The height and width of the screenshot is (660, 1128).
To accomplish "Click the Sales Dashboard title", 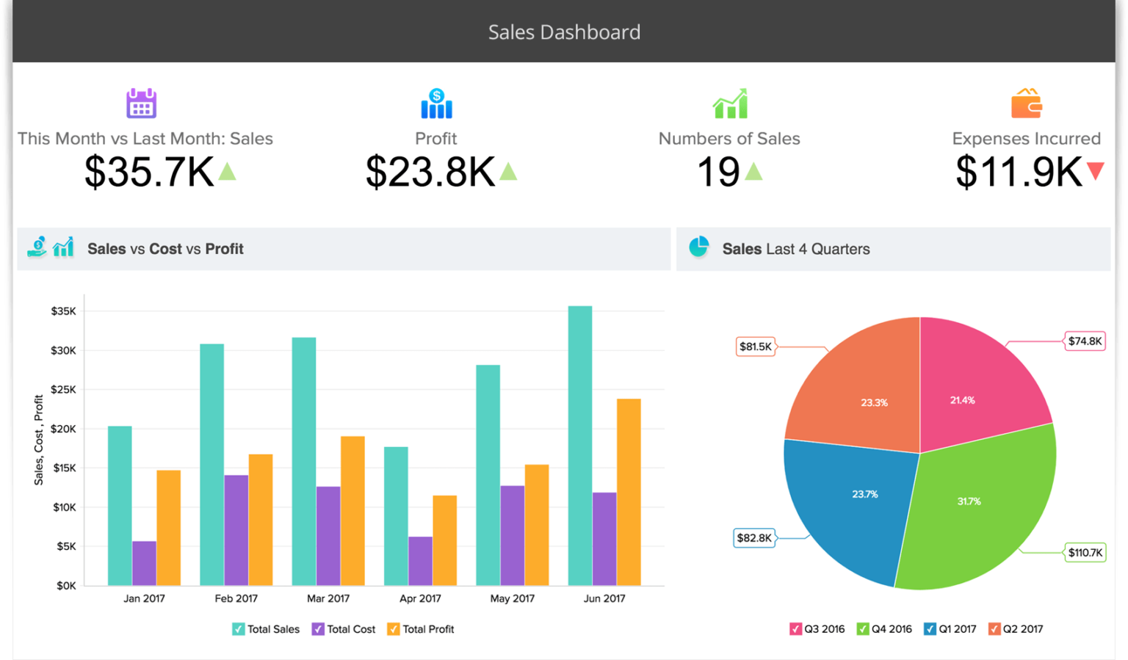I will pos(564,32).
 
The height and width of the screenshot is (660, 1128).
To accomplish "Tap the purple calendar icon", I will pos(141,104).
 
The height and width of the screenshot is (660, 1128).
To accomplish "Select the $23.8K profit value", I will pos(430,172).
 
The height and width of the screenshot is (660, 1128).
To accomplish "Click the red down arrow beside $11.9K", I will pos(1095,171).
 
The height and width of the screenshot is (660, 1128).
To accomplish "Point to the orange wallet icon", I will pos(1026,104).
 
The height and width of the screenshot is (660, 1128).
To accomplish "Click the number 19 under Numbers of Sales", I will pos(717,172).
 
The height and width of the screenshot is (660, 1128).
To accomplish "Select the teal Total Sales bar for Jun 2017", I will pos(580,445).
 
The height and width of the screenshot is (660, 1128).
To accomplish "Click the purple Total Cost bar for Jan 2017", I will pos(144,563).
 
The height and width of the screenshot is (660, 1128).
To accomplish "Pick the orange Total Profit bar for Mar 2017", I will pos(352,510).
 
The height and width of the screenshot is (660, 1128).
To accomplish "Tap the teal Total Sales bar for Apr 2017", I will pos(396,515).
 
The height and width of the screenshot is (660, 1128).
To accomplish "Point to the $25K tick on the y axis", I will pos(64,390).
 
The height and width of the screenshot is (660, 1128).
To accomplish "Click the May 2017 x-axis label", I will pos(512,598).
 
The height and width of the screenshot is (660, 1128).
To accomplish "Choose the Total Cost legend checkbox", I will pos(318,629).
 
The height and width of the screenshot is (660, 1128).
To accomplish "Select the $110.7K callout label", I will pos(1085,552).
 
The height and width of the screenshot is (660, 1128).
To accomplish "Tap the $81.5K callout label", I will pos(756,347).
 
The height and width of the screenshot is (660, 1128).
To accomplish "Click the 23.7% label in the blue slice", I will pos(864,494).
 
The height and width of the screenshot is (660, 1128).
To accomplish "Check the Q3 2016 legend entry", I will pos(795,629).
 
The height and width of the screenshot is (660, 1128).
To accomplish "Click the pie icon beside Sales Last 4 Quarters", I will pos(698,247).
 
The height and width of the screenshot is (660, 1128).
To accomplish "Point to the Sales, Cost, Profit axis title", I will pos(39,440).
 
